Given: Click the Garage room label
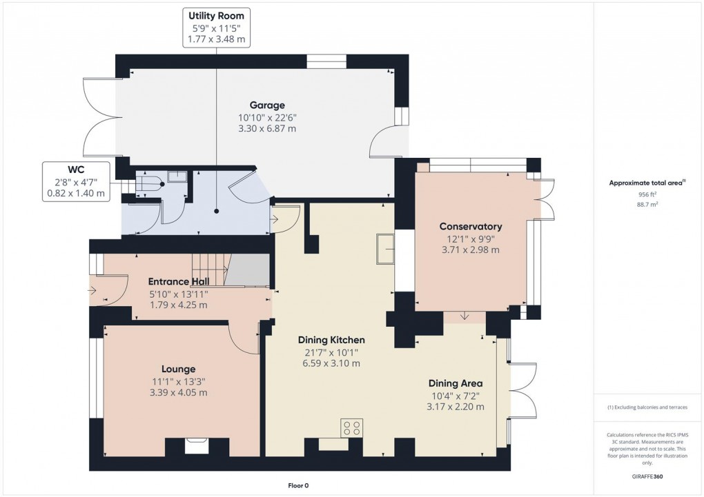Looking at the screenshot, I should point(267,105).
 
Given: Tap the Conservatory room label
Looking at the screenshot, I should point(470,227).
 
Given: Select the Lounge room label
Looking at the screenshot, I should point(179,369).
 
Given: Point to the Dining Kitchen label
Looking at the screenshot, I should point(331,340).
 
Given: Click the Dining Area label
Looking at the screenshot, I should point(455,383).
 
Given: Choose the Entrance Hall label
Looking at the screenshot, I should point(178,281).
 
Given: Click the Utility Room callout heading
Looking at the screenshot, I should point(217,16).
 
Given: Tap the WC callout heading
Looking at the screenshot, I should point(76,169).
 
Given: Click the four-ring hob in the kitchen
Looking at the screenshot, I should point(351,428).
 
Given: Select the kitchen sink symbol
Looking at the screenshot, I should point(385,248).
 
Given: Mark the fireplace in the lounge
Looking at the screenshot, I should point(196,447).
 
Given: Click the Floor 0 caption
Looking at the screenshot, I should point(298,485).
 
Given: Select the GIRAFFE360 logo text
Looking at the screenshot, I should point(647,476).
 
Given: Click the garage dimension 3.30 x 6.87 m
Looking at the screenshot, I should point(267,128).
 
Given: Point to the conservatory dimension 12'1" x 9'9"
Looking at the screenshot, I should point(470,239).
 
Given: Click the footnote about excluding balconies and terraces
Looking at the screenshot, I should point(647,407).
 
